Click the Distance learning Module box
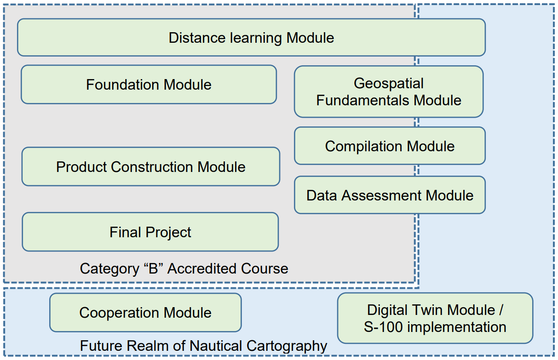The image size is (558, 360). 251,37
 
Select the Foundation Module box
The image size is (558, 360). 149,85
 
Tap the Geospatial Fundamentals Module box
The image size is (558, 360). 389,91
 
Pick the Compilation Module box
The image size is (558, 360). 390,146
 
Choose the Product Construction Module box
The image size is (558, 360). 151,166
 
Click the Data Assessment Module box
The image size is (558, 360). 390,195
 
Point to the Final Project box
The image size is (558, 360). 150,232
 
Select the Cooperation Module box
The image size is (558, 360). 145,313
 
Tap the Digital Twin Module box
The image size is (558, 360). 435,318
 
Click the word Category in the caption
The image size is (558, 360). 109,269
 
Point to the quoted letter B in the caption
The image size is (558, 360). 153,269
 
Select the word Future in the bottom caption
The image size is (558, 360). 102,346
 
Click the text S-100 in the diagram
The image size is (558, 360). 383,327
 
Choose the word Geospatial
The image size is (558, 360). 389,83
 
